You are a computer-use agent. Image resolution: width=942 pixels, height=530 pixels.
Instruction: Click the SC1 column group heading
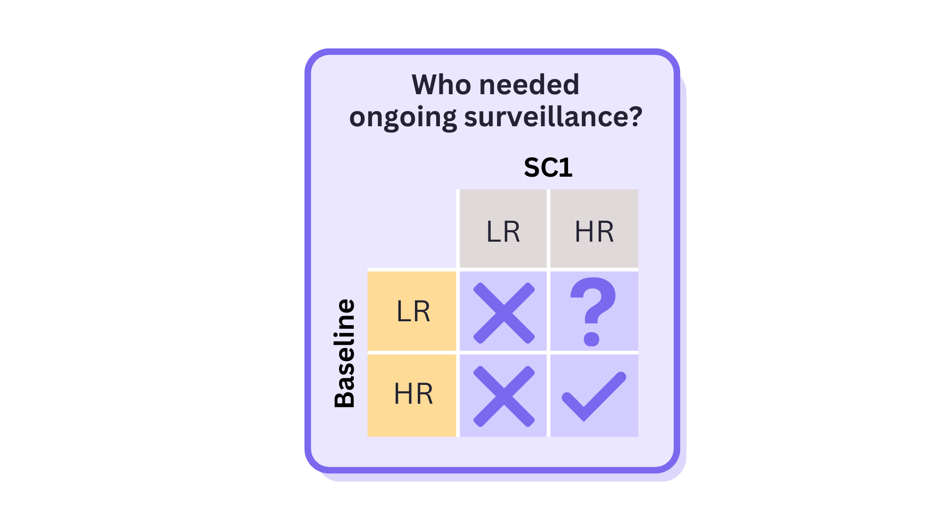(548, 168)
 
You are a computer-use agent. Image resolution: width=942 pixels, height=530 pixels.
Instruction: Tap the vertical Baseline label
(345, 353)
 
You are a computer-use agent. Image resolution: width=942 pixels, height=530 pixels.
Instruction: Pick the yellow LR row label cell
(412, 311)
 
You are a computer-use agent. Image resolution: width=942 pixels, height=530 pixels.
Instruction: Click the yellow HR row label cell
(412, 394)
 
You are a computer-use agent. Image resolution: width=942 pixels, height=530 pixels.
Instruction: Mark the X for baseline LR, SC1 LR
(503, 313)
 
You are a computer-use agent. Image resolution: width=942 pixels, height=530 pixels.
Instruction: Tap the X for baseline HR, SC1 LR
(503, 396)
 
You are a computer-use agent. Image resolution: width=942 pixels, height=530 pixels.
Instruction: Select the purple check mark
(594, 396)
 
